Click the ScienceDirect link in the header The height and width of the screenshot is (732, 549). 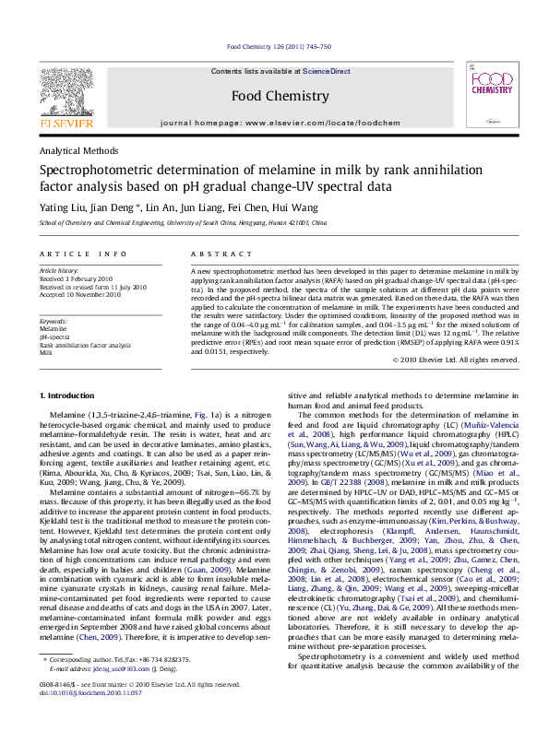[327, 71]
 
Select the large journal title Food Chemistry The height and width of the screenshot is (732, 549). [279, 96]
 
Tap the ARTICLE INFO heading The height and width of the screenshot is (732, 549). [82, 254]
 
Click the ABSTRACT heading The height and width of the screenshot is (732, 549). [215, 254]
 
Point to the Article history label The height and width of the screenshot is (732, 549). [58, 271]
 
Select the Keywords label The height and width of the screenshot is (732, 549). [54, 321]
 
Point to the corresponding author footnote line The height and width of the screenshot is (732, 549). [115, 686]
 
